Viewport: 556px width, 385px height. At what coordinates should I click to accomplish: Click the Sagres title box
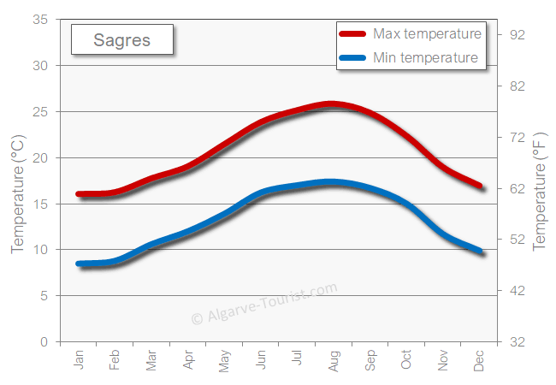[121, 40]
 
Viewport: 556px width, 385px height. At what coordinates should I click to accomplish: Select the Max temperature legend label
[427, 34]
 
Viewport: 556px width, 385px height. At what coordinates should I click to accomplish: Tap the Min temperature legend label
[425, 58]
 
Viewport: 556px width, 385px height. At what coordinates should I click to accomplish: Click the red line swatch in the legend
[352, 34]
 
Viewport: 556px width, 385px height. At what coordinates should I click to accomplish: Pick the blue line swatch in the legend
[352, 58]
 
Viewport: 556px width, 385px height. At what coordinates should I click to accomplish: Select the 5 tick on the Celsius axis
[44, 296]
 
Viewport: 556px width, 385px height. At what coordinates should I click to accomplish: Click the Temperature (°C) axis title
[18, 196]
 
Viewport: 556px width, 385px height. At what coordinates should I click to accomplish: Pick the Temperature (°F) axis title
[539, 192]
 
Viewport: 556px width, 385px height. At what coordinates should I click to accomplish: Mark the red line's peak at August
[333, 104]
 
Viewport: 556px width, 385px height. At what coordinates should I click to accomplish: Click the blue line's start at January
[80, 264]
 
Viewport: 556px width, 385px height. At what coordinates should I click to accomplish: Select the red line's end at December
[480, 186]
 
